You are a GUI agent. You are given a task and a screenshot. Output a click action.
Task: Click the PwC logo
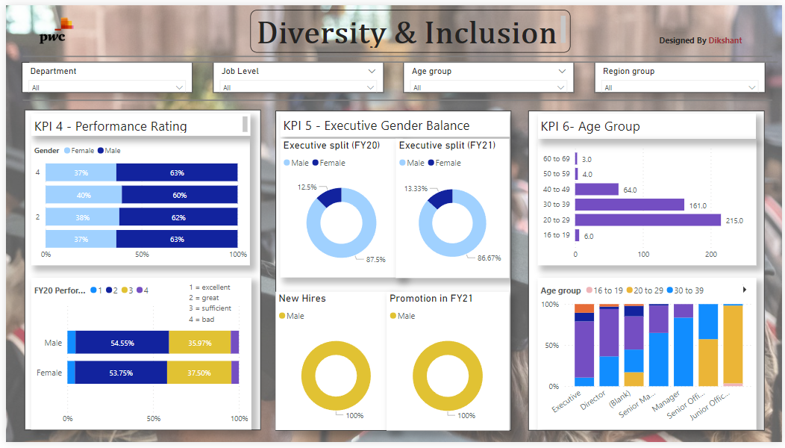(x=54, y=31)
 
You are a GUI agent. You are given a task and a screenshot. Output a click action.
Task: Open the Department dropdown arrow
(x=179, y=87)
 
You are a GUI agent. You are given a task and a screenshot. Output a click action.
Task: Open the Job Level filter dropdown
(x=372, y=72)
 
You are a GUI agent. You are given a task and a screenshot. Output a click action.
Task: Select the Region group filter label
(x=628, y=72)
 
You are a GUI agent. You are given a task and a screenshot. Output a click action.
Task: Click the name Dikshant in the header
(x=725, y=40)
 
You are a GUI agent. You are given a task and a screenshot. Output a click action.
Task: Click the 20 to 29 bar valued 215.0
(x=647, y=220)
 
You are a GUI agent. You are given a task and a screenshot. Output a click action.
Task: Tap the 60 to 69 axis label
(x=557, y=159)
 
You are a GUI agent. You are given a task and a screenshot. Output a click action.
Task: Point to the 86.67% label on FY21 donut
(x=489, y=258)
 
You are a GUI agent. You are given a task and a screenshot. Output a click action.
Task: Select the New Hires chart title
(x=302, y=299)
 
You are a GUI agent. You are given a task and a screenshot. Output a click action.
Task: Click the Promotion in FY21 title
(x=432, y=299)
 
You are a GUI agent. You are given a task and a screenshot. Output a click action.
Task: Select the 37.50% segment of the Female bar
(x=198, y=373)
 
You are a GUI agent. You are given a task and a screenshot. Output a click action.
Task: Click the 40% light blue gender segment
(x=84, y=195)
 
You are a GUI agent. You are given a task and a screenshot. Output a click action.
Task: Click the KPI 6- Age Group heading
(x=590, y=126)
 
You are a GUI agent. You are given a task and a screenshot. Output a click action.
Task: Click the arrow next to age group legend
(x=744, y=290)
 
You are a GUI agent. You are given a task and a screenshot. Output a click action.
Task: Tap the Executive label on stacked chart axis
(x=568, y=403)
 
